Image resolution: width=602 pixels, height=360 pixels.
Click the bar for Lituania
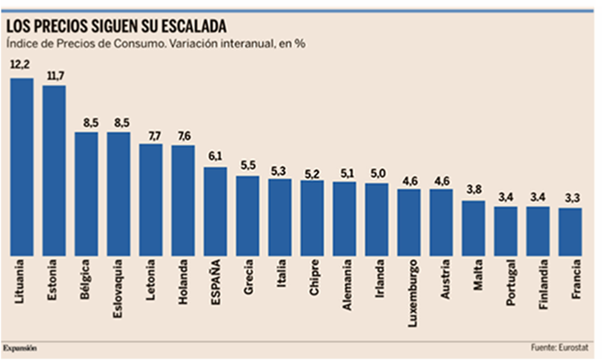(21, 166)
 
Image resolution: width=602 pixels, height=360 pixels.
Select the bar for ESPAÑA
(215, 210)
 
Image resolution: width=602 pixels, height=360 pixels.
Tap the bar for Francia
(570, 231)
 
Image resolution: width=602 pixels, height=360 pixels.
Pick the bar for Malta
(473, 227)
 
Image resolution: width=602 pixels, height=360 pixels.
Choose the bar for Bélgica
(86, 193)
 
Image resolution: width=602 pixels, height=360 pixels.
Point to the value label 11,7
(54, 77)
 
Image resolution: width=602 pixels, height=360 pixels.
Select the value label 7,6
(183, 136)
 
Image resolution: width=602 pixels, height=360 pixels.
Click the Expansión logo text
(20, 347)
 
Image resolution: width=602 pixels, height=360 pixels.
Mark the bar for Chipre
(312, 218)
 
